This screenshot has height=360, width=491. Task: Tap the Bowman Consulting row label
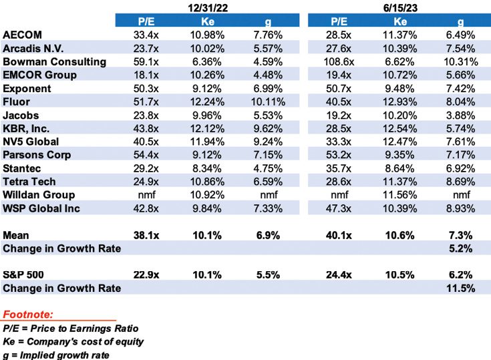click(x=55, y=61)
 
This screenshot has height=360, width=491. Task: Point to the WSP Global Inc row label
click(x=42, y=208)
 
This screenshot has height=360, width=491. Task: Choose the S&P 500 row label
click(x=25, y=275)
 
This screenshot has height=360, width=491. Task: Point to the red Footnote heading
click(x=29, y=313)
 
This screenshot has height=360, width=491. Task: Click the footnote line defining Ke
click(x=73, y=341)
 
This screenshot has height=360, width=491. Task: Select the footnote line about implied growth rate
click(x=63, y=355)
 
